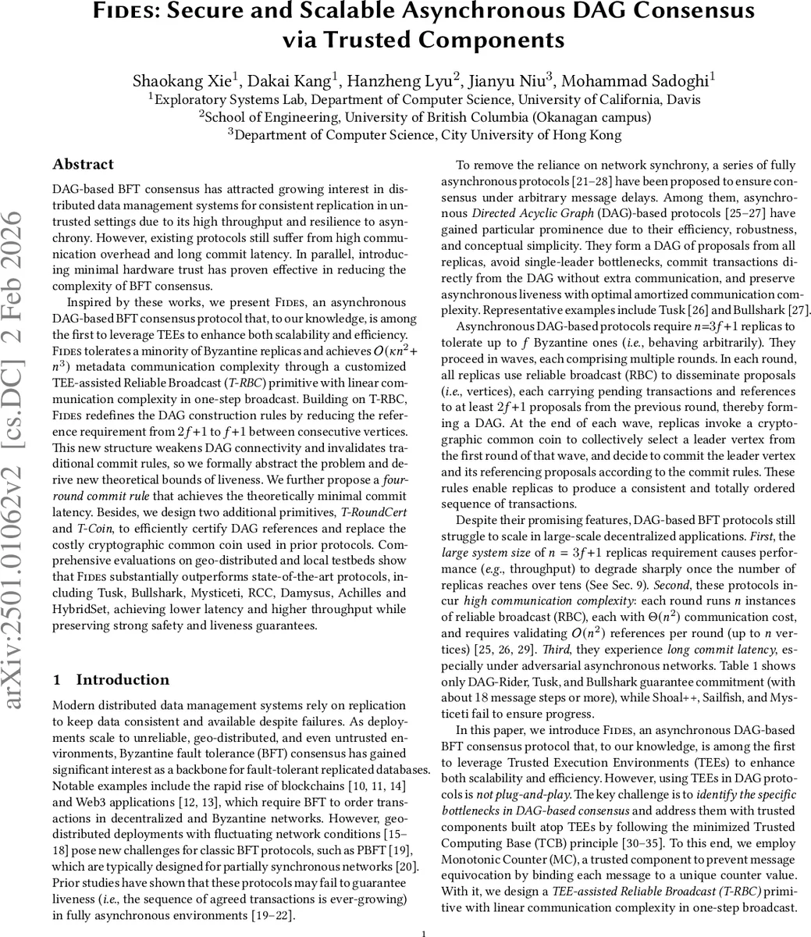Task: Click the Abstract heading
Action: click(x=83, y=165)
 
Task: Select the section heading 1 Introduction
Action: click(x=111, y=680)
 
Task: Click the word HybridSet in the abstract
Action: click(x=83, y=610)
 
